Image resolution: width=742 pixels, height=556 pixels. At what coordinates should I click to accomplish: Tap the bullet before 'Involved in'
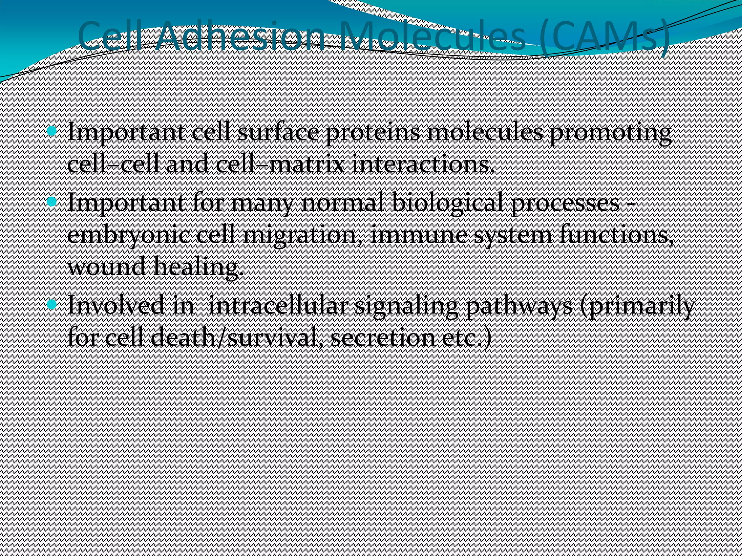[x=52, y=304]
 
